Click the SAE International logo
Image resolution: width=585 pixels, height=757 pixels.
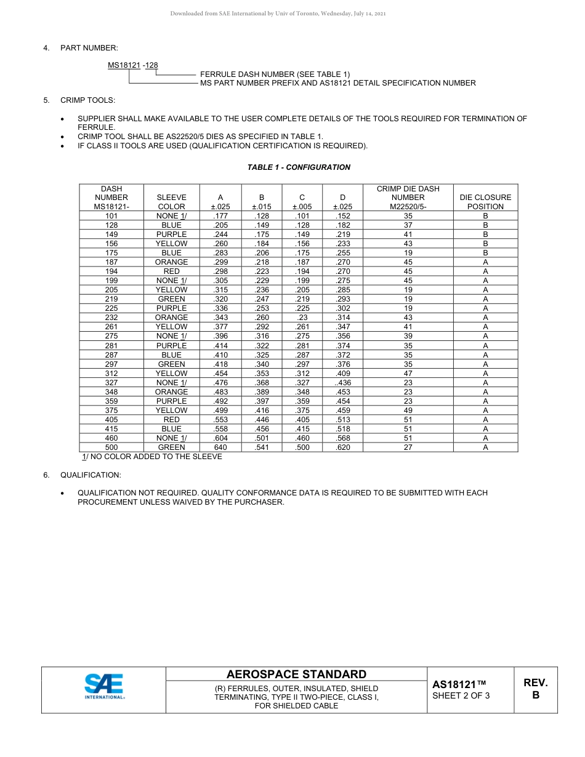tap(105, 686)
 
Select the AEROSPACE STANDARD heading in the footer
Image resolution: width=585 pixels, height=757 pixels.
tap(296, 675)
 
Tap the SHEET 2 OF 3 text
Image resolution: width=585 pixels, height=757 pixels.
tap(461, 696)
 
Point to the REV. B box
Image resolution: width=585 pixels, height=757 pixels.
tap(535, 689)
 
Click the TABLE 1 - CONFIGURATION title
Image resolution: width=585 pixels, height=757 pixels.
tap(299, 167)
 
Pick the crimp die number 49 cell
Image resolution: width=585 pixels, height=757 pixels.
tap(408, 411)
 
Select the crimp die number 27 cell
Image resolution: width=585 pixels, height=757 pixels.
tap(408, 447)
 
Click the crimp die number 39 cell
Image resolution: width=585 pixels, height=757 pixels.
tap(408, 336)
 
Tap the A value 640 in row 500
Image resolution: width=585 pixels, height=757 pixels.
tap(220, 447)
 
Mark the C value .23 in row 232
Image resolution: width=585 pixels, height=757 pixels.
tap(302, 318)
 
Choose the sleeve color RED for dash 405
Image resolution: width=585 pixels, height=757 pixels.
tap(171, 420)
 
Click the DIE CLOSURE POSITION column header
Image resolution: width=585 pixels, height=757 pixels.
tap(485, 202)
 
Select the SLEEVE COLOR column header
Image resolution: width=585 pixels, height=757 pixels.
tap(171, 202)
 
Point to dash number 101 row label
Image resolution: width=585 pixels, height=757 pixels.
tap(111, 216)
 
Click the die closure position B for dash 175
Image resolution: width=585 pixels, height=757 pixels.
tap(485, 253)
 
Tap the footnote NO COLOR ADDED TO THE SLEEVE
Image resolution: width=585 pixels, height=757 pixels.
tap(152, 457)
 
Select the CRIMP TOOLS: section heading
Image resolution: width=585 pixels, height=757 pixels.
tap(87, 100)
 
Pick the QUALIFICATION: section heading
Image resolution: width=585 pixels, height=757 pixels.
tap(91, 475)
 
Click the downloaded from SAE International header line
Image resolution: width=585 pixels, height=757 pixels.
tap(278, 14)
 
